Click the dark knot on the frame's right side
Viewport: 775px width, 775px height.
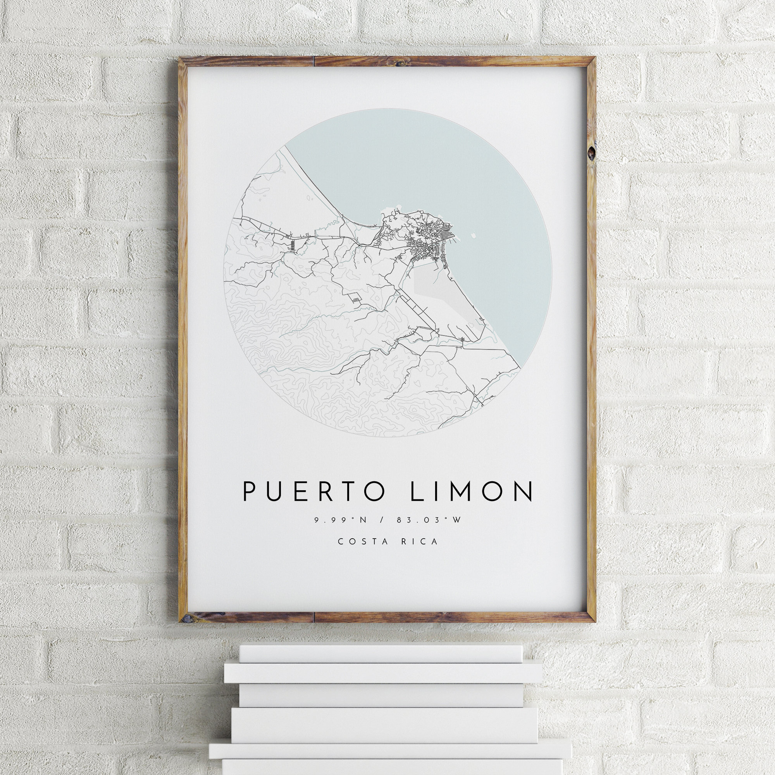[591, 153]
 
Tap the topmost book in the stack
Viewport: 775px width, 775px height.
[380, 654]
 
